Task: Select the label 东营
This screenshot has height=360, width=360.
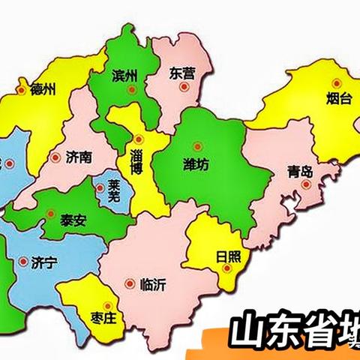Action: click(x=181, y=74)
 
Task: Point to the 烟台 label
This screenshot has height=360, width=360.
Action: click(x=339, y=98)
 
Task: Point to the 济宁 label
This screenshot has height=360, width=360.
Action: click(x=45, y=262)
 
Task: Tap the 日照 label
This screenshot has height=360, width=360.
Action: click(x=229, y=256)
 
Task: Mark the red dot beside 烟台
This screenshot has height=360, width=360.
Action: click(x=337, y=82)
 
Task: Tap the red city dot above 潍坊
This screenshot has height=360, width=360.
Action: click(x=198, y=146)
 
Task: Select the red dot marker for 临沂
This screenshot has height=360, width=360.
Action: click(x=130, y=284)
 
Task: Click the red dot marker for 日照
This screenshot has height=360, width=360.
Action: click(x=225, y=273)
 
